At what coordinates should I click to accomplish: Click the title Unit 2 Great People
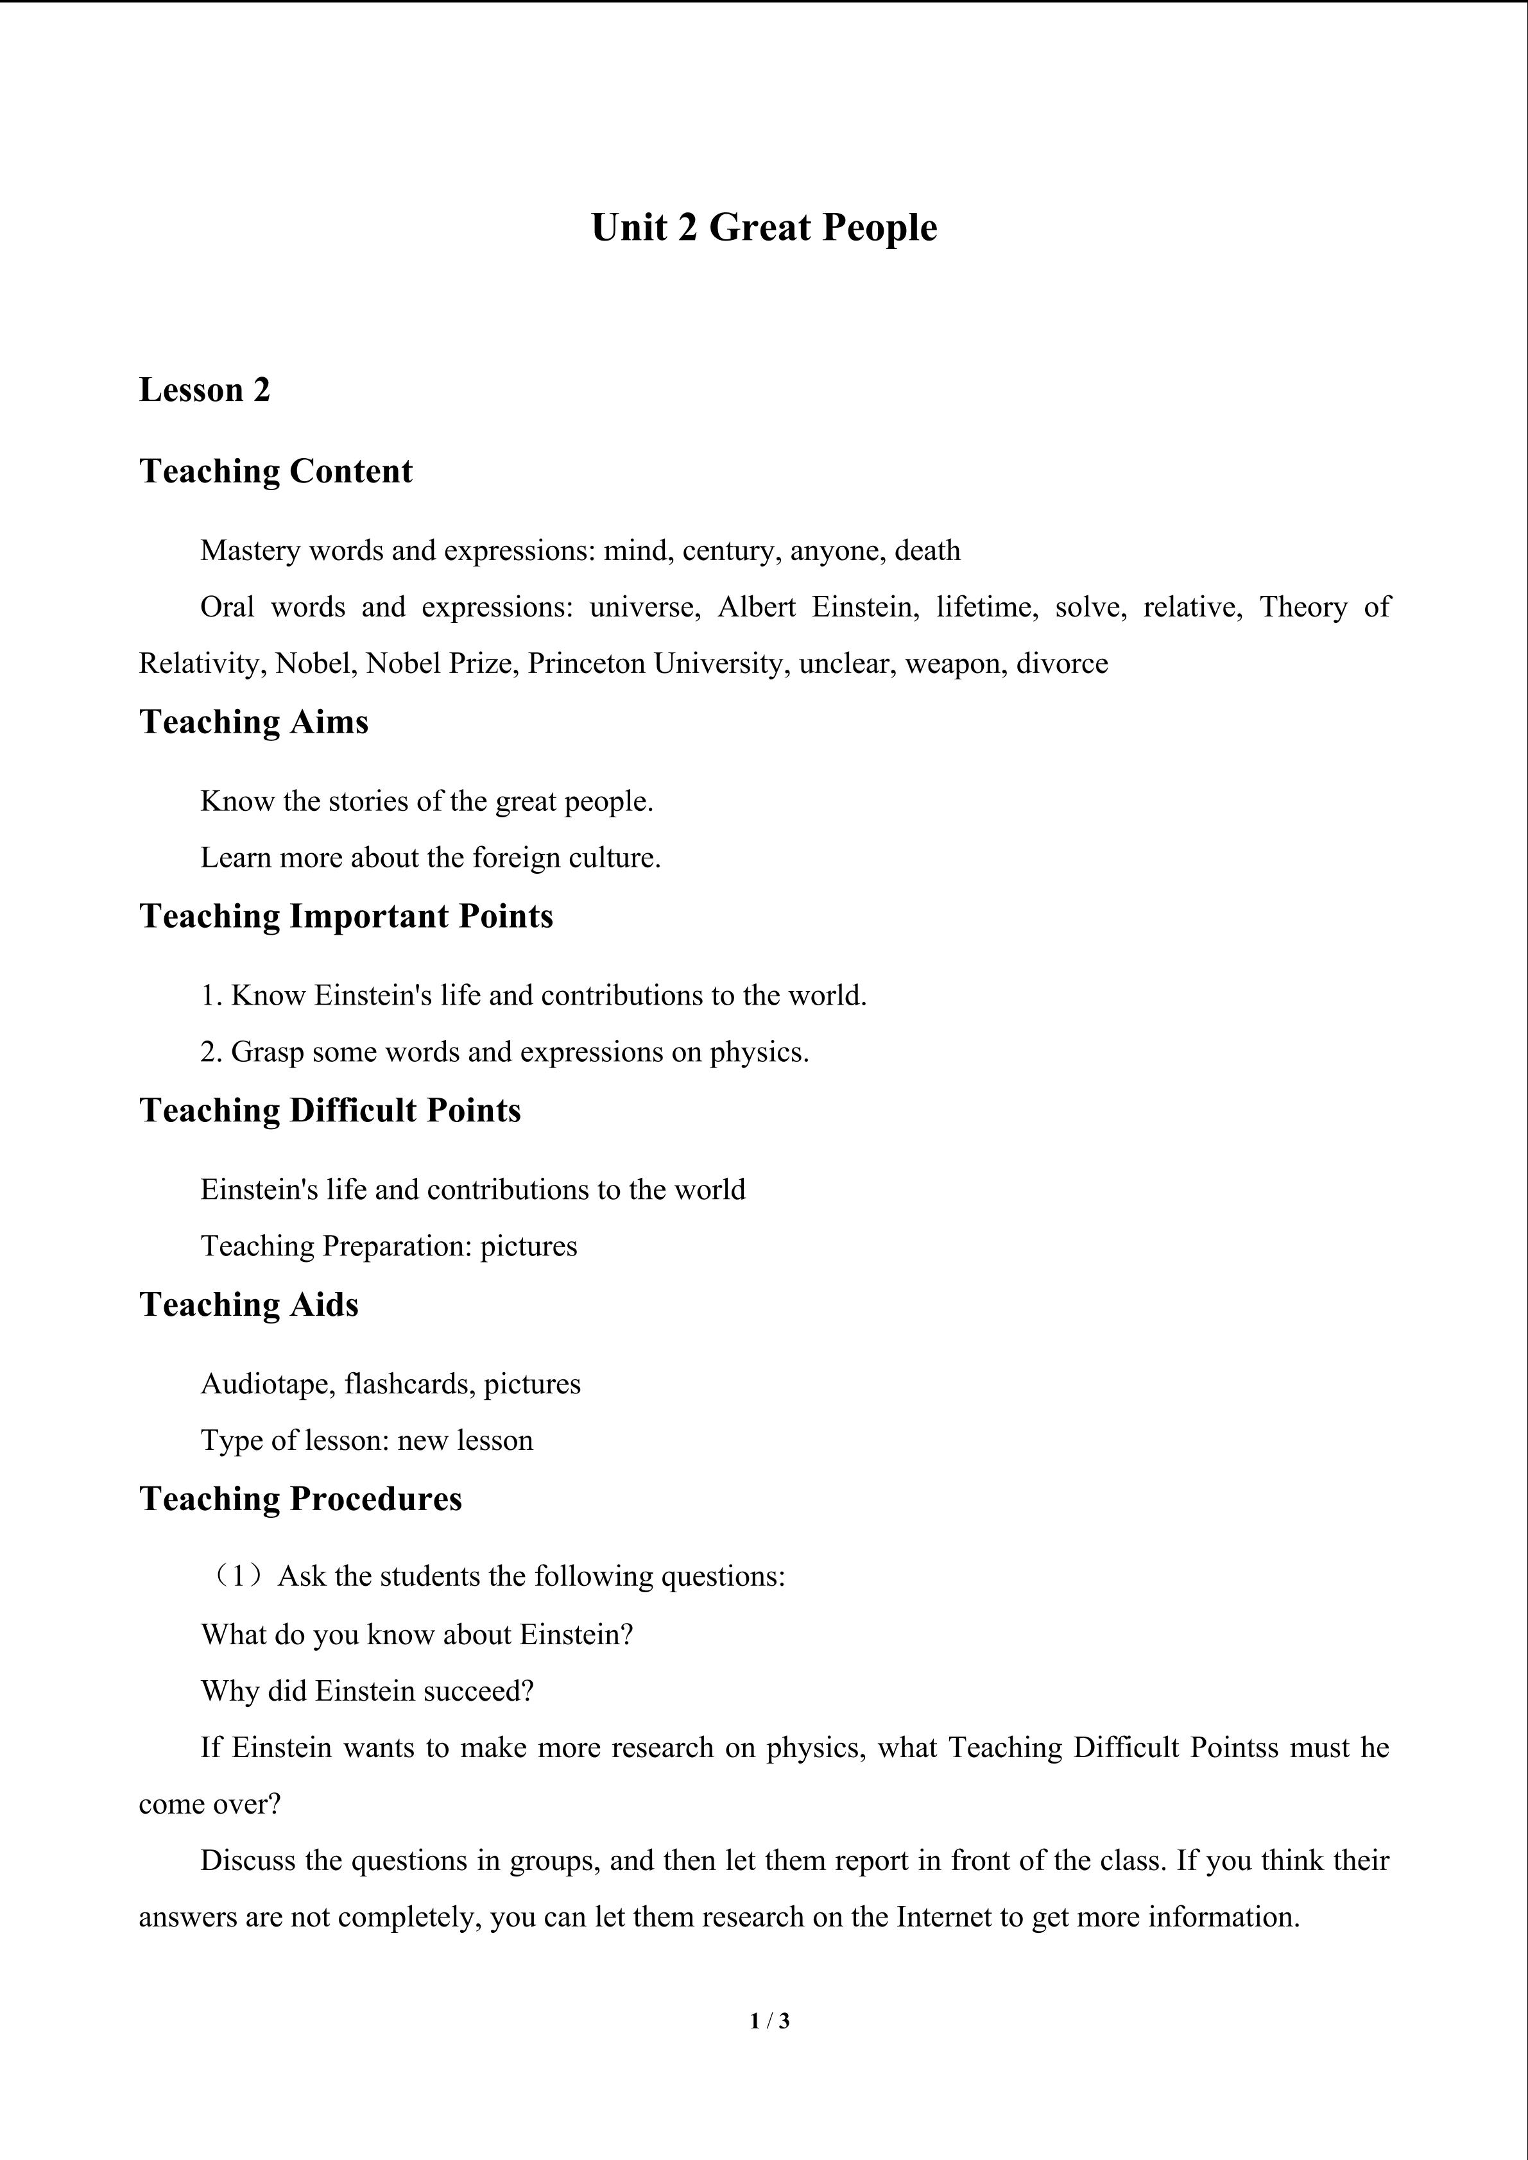(764, 228)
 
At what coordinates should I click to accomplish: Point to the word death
(928, 550)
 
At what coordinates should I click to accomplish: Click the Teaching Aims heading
(254, 722)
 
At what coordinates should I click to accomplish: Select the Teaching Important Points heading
(347, 916)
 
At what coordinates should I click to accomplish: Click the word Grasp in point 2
(267, 1052)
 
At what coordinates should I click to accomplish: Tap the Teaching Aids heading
(250, 1305)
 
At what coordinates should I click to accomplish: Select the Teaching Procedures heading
(301, 1499)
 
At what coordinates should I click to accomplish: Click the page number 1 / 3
(769, 2020)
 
